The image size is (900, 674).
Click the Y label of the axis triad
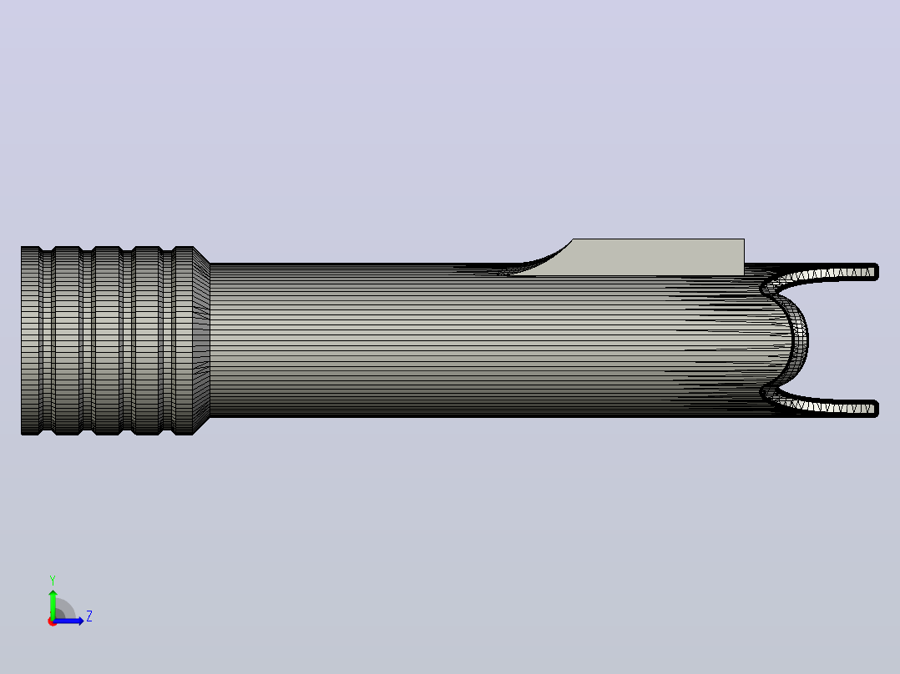pos(53,581)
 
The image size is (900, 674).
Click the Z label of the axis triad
pos(89,616)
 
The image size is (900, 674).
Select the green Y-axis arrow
pos(53,604)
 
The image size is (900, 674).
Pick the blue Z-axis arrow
pos(68,621)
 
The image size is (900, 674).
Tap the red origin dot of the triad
pos(52,621)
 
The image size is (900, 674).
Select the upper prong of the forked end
pos(821,274)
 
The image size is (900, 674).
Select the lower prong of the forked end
pos(821,406)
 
